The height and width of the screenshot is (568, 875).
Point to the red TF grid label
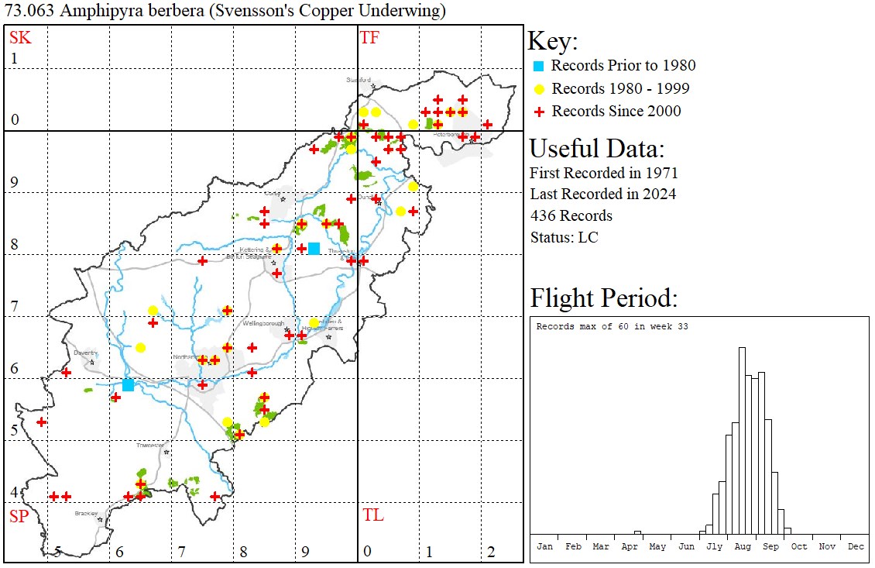coord(369,37)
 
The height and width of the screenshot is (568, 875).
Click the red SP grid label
coord(19,516)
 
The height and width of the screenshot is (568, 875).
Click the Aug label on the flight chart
coord(743,546)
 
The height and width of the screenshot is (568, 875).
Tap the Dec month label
coord(856,546)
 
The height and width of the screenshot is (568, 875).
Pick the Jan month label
coord(544,546)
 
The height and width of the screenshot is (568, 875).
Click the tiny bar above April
coord(637,532)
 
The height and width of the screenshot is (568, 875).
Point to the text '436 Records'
coord(571,215)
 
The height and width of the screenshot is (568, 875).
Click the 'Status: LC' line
coord(564,237)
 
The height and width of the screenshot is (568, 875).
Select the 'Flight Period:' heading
coord(604,298)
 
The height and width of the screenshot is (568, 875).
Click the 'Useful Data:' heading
coord(597,149)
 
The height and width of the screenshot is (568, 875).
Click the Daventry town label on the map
coord(84,353)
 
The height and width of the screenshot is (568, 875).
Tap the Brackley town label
coord(86,513)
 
